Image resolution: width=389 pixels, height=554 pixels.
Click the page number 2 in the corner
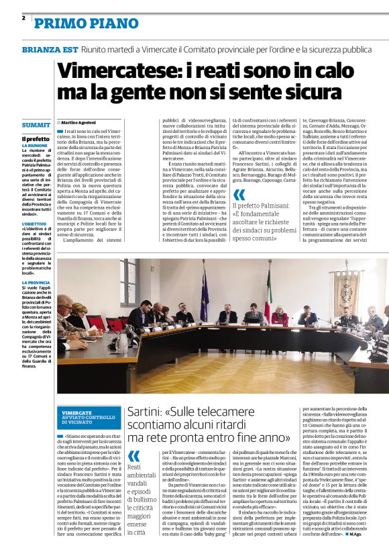(23, 18)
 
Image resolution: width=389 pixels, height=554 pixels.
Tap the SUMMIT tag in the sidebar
(36, 126)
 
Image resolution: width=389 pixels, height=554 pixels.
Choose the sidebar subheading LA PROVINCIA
(35, 283)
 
